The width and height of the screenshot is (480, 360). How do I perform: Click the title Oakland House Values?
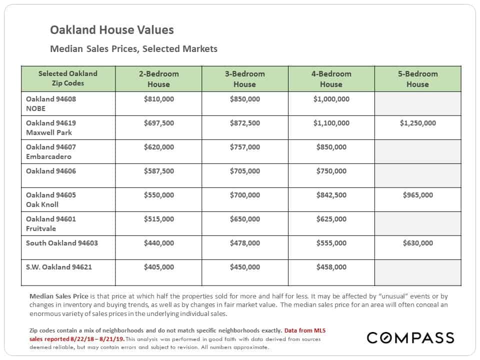tap(111, 30)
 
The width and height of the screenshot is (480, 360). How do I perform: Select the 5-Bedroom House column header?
tap(417, 79)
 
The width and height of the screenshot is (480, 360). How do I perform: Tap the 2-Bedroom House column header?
tap(158, 79)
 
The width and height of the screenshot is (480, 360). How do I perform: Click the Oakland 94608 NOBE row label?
tap(51, 104)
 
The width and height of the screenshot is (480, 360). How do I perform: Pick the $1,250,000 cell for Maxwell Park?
tap(417, 123)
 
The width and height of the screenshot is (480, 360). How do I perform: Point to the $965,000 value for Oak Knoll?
tap(417, 195)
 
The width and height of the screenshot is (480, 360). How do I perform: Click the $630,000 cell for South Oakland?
tap(417, 243)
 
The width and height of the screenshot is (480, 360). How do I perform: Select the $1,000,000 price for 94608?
tap(331, 99)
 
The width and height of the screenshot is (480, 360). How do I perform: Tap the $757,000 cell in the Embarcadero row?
tap(245, 147)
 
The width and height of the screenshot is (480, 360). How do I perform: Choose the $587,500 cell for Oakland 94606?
tap(159, 171)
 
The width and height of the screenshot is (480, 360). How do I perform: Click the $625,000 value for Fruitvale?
tap(331, 219)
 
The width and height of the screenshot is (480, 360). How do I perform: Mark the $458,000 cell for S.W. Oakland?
tap(331, 267)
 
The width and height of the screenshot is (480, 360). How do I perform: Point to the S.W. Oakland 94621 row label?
tap(59, 267)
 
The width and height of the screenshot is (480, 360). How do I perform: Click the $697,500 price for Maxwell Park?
tap(159, 123)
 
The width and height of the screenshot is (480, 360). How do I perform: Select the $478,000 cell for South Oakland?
tap(245, 243)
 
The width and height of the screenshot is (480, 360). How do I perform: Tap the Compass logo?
tap(410, 337)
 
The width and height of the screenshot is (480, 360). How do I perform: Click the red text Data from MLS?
tap(305, 330)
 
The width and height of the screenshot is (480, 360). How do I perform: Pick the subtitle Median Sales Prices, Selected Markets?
tap(134, 48)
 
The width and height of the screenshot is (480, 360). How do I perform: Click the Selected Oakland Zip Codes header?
tap(68, 78)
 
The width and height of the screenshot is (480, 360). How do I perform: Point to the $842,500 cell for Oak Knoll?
tap(331, 195)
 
